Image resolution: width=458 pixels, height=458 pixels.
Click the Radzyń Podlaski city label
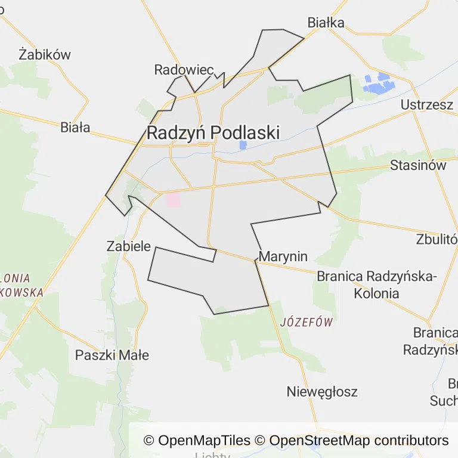click(213, 132)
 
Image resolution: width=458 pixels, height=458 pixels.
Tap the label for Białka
click(326, 23)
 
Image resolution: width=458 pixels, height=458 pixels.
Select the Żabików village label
click(45, 54)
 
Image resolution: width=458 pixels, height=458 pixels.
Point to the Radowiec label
click(184, 70)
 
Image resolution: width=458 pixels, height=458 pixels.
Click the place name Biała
click(75, 127)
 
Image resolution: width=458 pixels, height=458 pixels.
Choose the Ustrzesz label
click(426, 104)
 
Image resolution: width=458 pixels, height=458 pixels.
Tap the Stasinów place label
click(417, 165)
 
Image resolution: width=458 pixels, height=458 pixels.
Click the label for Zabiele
click(128, 245)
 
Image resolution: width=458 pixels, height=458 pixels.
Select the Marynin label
click(284, 256)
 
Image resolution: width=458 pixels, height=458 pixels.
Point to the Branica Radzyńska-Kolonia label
click(376, 284)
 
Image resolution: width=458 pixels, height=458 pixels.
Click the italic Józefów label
click(306, 322)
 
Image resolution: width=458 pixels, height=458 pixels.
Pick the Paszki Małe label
click(112, 355)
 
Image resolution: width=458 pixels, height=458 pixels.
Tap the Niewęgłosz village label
click(322, 392)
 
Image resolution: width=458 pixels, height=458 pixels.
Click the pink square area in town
click(174, 200)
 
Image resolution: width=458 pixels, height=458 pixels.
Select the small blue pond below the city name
click(243, 145)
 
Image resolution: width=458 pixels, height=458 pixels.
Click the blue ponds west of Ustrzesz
click(377, 84)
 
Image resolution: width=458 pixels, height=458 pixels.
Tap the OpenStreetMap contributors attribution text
click(358, 441)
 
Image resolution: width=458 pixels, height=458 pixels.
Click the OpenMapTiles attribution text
click(197, 441)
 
